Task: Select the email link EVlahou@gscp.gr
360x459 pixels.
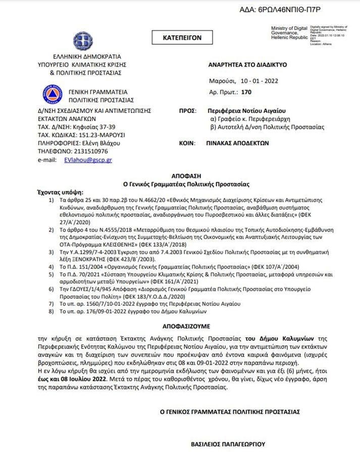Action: click(88, 159)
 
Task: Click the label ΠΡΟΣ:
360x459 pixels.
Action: click(187, 110)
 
